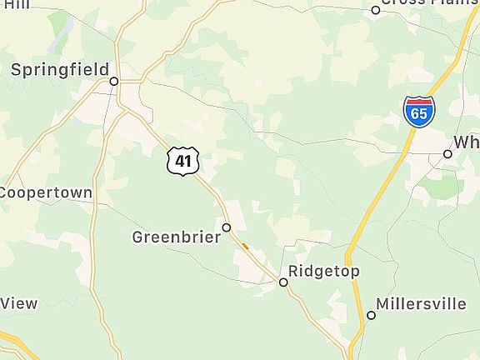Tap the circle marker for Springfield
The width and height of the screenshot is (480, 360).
click(114, 82)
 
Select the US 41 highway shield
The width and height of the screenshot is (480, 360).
click(182, 160)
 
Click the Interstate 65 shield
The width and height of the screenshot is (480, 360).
click(418, 111)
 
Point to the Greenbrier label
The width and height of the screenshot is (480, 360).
click(177, 237)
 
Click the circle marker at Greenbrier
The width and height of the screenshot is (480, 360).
click(226, 227)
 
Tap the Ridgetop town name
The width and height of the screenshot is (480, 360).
click(324, 272)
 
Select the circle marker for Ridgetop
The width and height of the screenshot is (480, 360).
click(283, 282)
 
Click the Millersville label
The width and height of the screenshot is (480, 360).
click(421, 303)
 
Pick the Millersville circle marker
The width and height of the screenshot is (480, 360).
click(372, 315)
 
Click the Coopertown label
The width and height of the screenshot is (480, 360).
click(46, 192)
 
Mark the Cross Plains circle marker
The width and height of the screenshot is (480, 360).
click(376, 10)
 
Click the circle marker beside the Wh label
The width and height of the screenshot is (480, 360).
click(447, 154)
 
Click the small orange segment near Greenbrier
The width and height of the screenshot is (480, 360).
click(244, 245)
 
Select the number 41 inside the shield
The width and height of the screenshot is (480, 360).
click(182, 161)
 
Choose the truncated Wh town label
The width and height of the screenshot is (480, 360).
click(467, 142)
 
